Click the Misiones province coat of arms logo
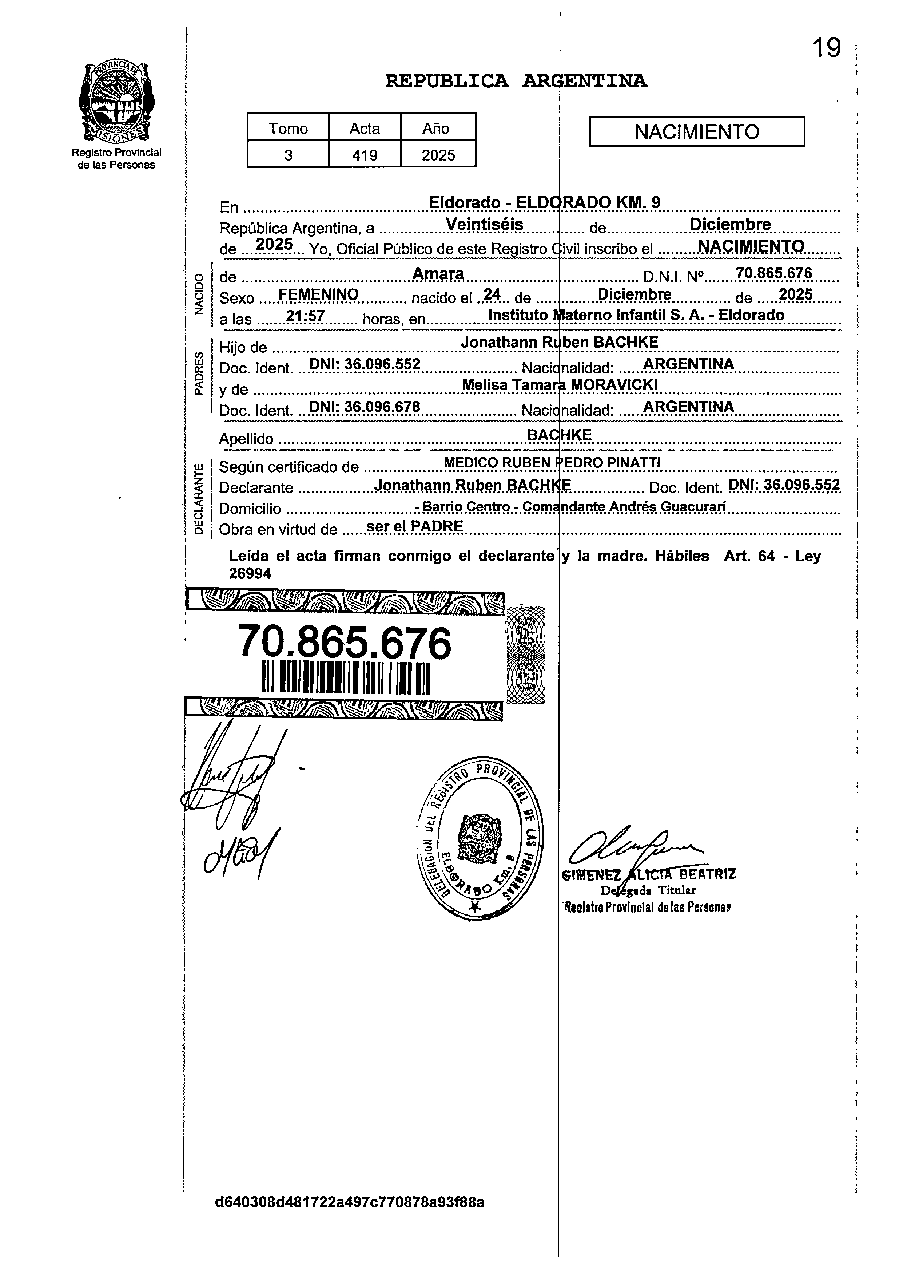point(116,102)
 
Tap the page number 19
point(826,48)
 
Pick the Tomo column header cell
point(288,128)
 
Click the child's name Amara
point(438,274)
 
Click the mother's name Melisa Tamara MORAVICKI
point(559,384)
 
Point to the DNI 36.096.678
point(364,407)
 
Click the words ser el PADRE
point(414,526)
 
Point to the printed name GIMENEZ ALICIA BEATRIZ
point(649,874)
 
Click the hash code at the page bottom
point(350,1202)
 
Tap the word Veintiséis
point(484,224)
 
